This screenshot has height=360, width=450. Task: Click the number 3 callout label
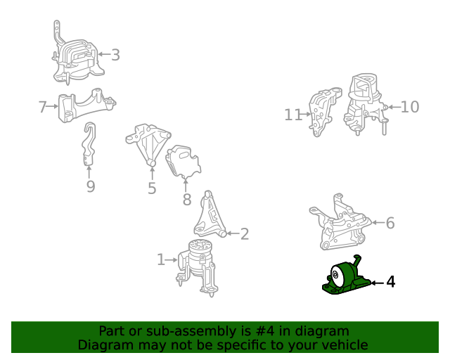(115, 54)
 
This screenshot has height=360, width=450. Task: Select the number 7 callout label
(43, 107)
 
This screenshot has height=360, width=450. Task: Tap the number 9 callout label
(90, 186)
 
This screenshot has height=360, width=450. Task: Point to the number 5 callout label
(152, 188)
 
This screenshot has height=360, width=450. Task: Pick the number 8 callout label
(186, 200)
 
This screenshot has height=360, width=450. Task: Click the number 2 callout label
(244, 234)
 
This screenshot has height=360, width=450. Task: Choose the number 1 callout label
(161, 260)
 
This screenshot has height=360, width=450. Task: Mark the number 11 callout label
(293, 115)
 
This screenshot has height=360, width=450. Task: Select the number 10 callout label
(409, 106)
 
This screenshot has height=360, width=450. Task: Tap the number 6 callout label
(390, 223)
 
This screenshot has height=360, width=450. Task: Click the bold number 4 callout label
(390, 282)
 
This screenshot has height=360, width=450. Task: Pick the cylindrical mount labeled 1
(199, 263)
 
